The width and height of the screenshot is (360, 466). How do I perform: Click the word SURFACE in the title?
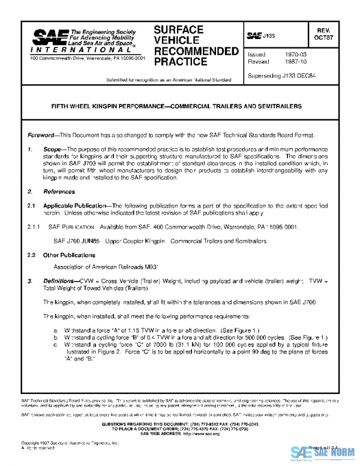(179, 29)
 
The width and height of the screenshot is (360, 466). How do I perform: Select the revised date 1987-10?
(297, 62)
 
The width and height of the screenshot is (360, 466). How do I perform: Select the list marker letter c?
(56, 346)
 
